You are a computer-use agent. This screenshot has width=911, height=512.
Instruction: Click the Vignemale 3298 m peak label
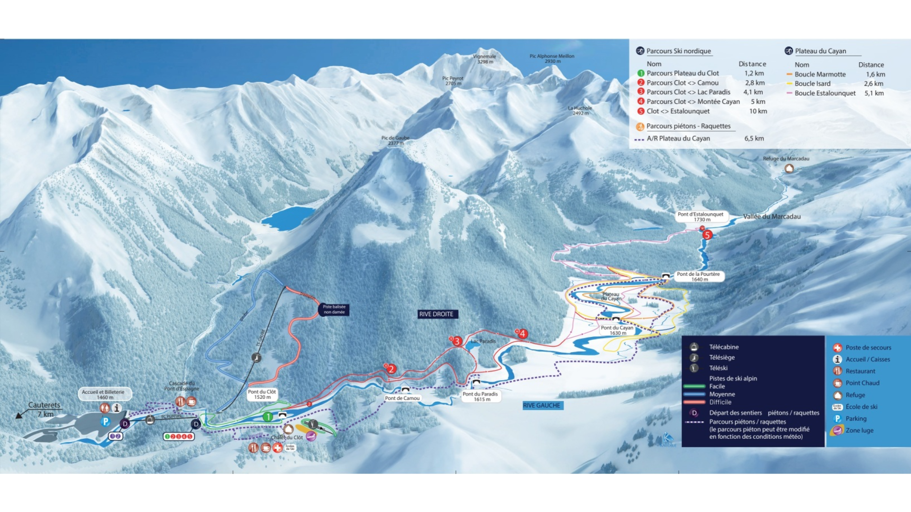[x=484, y=59]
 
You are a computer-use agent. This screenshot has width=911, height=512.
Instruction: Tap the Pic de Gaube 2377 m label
[x=395, y=140]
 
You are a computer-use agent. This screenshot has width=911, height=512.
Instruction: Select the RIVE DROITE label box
[x=436, y=314]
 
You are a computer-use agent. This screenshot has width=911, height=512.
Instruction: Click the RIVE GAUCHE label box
[x=542, y=406]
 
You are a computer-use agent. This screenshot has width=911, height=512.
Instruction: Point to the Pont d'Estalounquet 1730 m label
[x=700, y=217]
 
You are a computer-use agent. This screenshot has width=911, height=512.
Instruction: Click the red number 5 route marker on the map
[x=707, y=235]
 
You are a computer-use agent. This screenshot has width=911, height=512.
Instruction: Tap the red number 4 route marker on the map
[x=522, y=334]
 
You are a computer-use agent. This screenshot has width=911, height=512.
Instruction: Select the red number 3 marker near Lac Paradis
[x=457, y=341]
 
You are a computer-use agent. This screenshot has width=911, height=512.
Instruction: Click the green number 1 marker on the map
[x=268, y=417]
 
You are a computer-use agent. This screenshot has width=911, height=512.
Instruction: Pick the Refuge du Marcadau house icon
[x=789, y=168]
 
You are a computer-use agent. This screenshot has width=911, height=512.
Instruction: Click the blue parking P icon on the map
[x=105, y=421]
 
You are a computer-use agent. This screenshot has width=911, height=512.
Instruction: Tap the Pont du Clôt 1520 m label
[x=262, y=395]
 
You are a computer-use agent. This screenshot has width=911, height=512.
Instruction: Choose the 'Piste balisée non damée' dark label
[x=334, y=309]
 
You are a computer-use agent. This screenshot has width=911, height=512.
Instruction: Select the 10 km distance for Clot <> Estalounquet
[x=758, y=111]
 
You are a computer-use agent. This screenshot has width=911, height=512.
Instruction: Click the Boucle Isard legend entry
[x=812, y=84]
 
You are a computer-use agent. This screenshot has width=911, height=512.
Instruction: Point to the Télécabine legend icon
[x=694, y=347]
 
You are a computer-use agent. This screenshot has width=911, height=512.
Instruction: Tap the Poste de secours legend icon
[x=837, y=348]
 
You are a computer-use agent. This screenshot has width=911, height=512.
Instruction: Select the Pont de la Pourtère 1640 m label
[x=698, y=277]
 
